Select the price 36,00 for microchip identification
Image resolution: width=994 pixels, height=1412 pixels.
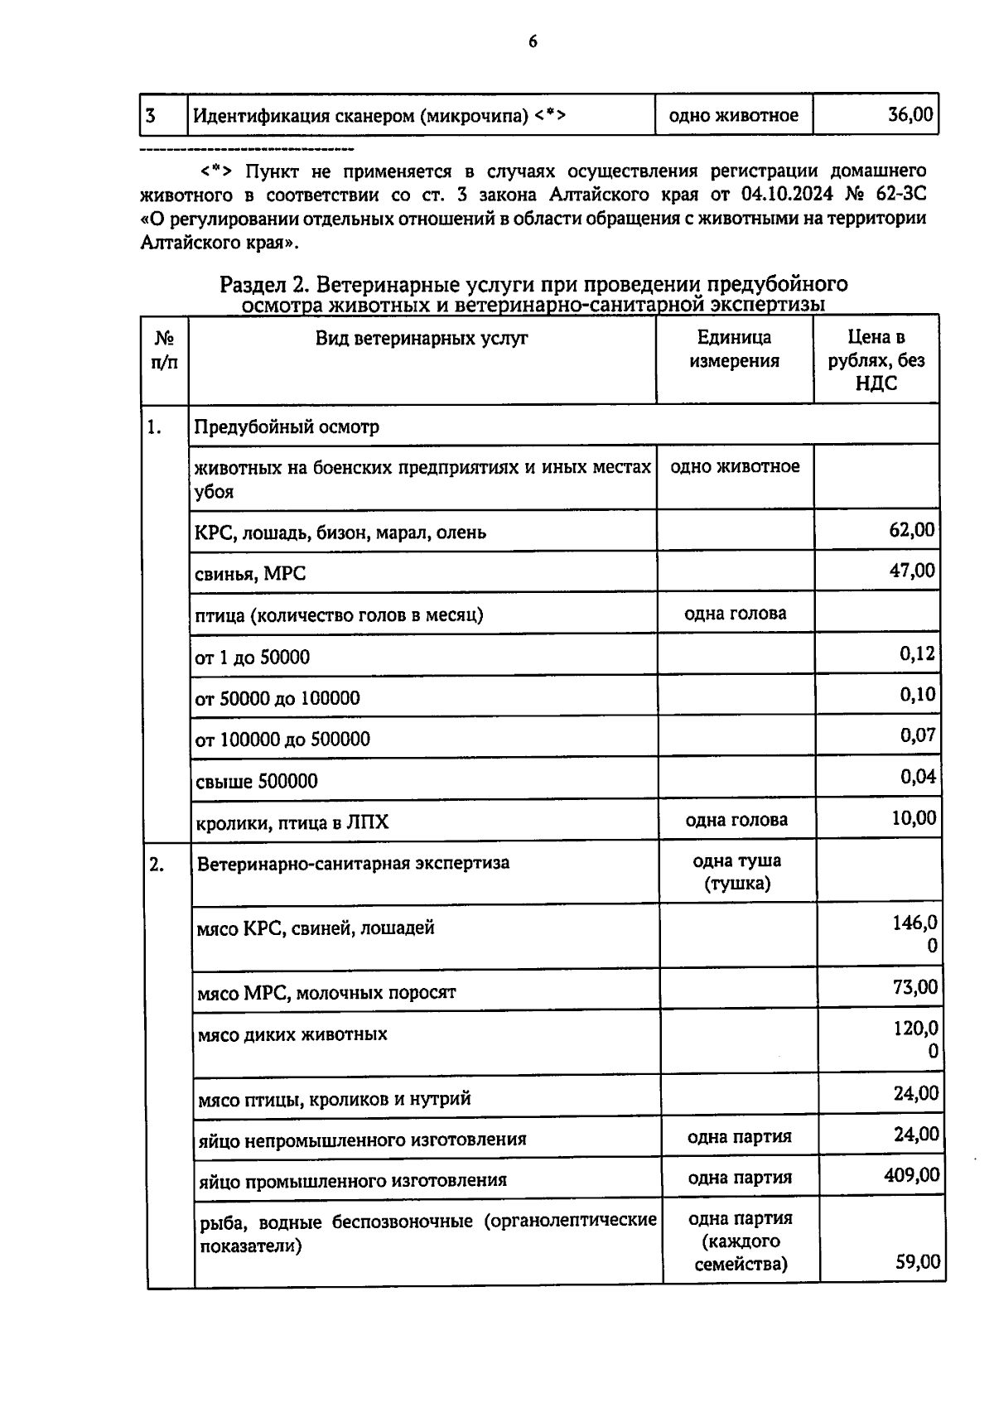(x=910, y=114)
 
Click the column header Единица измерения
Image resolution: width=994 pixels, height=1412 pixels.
(x=734, y=349)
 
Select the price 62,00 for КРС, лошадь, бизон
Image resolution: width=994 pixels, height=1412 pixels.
(x=912, y=529)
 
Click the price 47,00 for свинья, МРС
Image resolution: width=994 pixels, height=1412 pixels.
(x=912, y=571)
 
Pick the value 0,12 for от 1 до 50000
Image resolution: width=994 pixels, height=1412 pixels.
(x=918, y=653)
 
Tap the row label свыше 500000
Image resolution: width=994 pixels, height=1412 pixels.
(x=256, y=781)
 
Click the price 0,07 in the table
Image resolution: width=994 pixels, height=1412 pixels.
(x=918, y=735)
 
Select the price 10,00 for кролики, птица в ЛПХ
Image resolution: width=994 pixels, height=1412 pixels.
(x=914, y=818)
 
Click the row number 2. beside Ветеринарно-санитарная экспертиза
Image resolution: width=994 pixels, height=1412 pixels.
(x=157, y=865)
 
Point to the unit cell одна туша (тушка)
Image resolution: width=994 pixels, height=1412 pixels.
(x=736, y=872)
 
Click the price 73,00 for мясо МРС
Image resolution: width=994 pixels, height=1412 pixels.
(x=915, y=987)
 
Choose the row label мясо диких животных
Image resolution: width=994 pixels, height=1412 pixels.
(x=292, y=1034)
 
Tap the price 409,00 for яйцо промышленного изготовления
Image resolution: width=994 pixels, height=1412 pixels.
(x=911, y=1175)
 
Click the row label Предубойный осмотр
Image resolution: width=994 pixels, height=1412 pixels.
(x=287, y=427)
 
